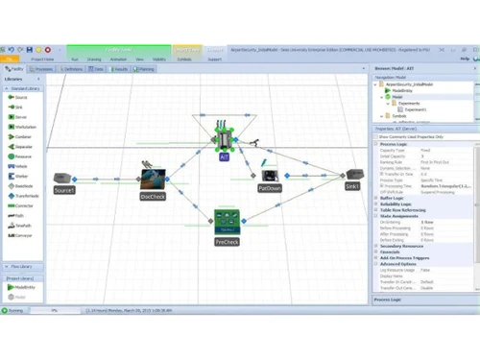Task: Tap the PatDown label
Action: tap(270, 189)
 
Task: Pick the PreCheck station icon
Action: tap(227, 224)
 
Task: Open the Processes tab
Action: tap(43, 69)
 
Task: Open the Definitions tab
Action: tap(72, 69)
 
